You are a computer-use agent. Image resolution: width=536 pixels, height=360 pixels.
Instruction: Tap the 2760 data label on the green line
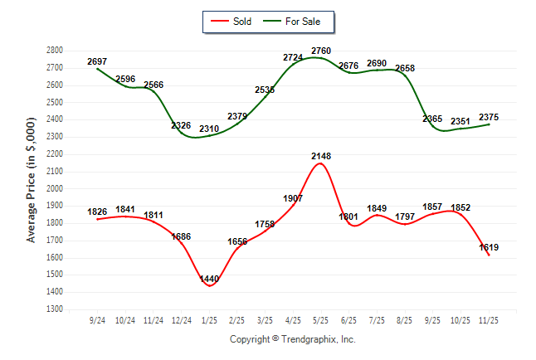tap(321, 51)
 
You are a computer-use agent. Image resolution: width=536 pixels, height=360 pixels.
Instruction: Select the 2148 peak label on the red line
tap(321, 156)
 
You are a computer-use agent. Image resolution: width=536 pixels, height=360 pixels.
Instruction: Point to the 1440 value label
tap(208, 279)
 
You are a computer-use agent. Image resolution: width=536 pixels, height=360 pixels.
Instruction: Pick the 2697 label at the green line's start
tap(97, 62)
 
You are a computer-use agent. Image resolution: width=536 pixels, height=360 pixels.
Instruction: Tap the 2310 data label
tap(208, 129)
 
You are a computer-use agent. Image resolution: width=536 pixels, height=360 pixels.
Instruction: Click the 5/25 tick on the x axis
tap(321, 319)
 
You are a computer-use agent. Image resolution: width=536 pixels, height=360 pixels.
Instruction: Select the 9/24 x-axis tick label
tap(97, 319)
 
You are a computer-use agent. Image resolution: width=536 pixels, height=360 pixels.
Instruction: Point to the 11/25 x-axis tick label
tap(490, 319)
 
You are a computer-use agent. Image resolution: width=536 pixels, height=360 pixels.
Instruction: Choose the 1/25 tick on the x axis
tap(208, 319)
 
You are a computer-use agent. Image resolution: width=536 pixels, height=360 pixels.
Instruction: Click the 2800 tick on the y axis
tap(55, 51)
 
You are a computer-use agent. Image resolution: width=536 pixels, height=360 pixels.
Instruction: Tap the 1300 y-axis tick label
tap(55, 309)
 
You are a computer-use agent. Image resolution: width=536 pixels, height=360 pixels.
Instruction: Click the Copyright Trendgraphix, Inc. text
tap(292, 340)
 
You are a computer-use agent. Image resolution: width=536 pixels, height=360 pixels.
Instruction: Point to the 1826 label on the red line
tap(97, 212)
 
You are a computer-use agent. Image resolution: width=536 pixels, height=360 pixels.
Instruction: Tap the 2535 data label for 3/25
tap(265, 90)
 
